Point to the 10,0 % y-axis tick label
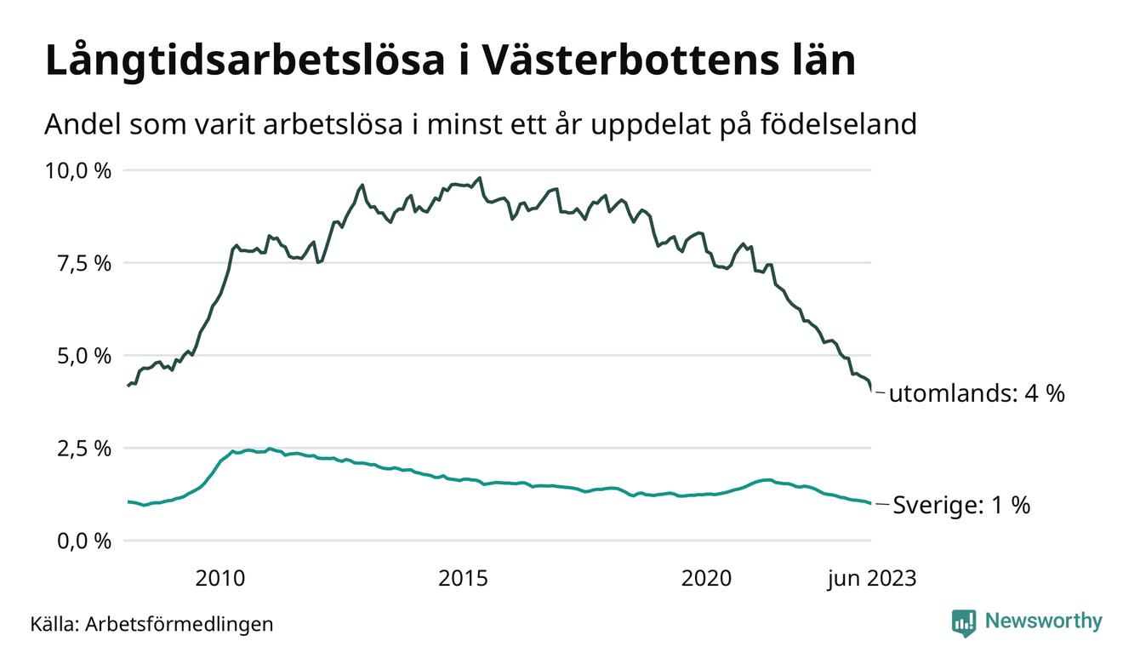[x=78, y=170]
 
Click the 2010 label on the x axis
[x=219, y=580]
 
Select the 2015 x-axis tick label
[x=463, y=580]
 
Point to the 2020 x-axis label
[x=706, y=580]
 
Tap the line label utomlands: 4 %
[x=977, y=394]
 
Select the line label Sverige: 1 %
[x=961, y=506]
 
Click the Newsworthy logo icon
[x=964, y=622]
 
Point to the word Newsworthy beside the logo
[x=1043, y=621]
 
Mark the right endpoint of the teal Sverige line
[x=870, y=504]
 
